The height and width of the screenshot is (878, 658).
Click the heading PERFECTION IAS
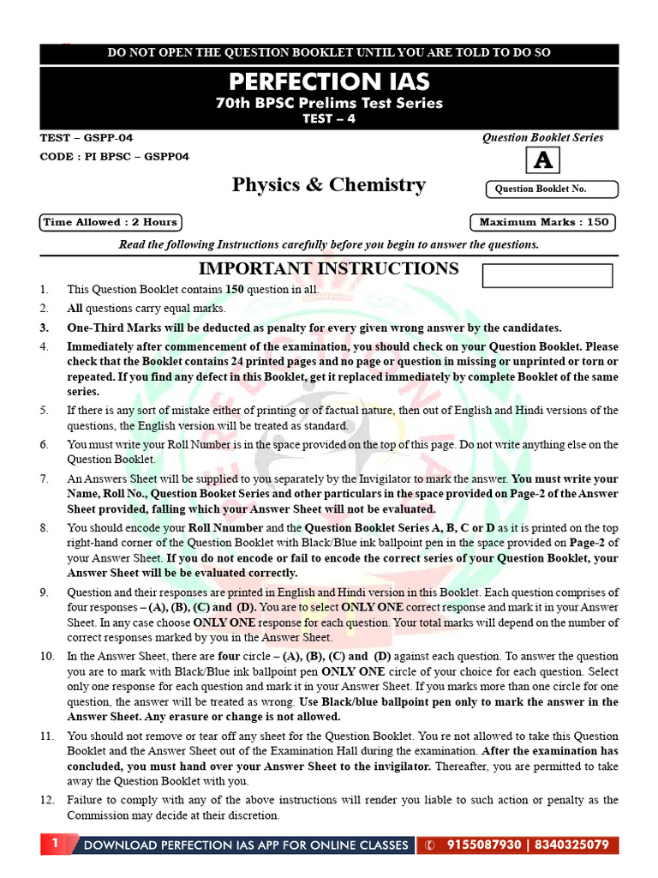329,82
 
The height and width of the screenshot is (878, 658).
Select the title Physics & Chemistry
329,185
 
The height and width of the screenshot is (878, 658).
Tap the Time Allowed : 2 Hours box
111,222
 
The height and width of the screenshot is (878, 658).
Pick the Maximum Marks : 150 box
544,222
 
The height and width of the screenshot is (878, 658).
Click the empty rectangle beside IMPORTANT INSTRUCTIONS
547,275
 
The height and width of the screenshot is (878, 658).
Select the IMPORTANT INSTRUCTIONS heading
329,268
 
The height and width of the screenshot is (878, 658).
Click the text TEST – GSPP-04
87,137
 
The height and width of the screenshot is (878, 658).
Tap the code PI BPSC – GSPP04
115,156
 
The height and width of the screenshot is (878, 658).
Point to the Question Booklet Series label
542,137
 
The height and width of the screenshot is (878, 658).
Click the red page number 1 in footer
55,845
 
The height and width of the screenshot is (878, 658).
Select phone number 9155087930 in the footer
484,845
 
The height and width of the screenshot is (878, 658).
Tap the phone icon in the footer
429,845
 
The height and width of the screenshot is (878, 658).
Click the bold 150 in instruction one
236,290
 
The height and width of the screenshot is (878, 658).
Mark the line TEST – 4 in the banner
329,119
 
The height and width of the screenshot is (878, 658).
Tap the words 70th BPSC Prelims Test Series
329,103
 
